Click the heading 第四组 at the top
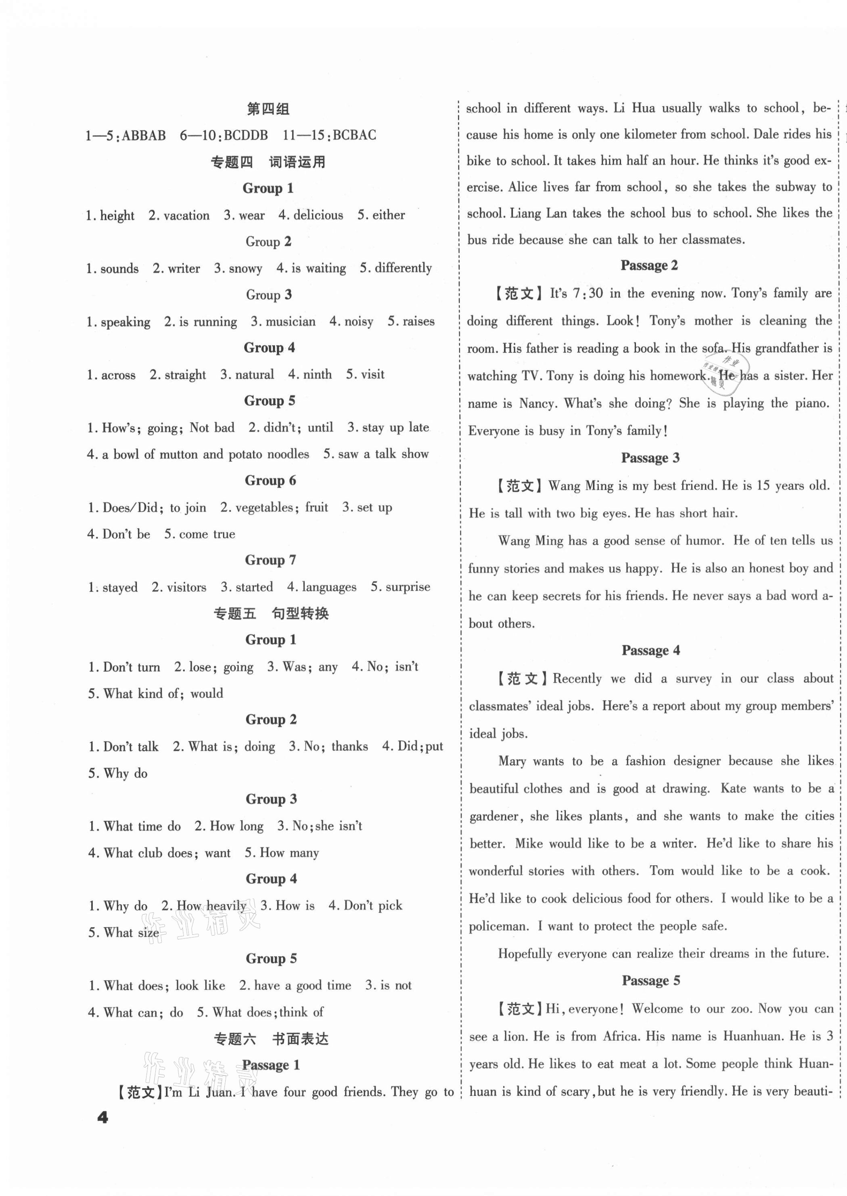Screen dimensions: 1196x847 (x=268, y=109)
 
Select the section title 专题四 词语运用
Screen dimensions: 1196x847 (x=268, y=162)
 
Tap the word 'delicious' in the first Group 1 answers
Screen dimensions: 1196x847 (x=318, y=215)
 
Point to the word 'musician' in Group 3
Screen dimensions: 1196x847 (x=291, y=321)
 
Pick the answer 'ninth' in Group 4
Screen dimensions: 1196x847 (x=317, y=375)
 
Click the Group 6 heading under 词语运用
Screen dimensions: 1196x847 (x=270, y=480)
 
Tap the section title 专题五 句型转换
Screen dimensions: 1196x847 (x=271, y=614)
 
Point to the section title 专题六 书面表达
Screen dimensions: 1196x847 (x=271, y=1039)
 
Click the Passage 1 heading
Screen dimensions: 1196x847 (x=271, y=1066)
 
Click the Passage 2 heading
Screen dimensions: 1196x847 (x=649, y=266)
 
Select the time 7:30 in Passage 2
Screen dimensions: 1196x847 (x=588, y=293)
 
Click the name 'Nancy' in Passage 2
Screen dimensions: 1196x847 (x=537, y=403)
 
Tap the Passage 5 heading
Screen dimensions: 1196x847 (x=651, y=980)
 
